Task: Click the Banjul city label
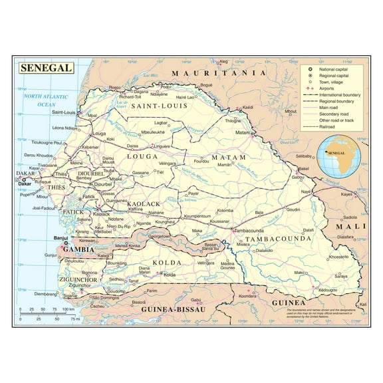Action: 62,238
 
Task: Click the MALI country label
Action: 351,227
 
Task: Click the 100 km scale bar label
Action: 67,310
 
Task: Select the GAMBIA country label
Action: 78,249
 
